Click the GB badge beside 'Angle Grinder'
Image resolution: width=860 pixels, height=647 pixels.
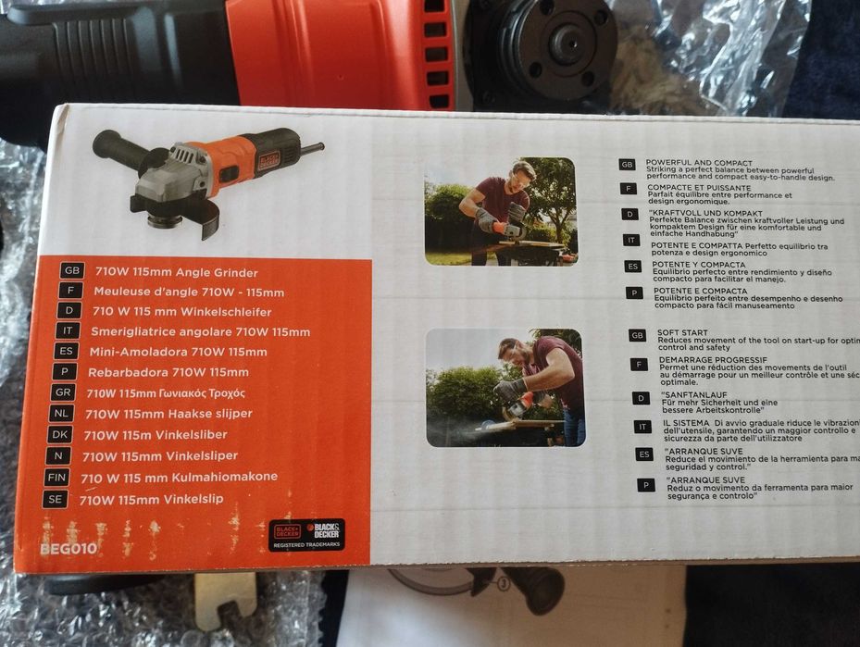[72, 271]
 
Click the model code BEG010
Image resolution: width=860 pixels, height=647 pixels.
[68, 548]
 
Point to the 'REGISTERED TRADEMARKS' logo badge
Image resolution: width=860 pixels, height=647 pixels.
[306, 535]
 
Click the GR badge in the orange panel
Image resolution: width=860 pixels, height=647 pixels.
[63, 393]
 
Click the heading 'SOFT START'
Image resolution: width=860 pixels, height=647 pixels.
[681, 332]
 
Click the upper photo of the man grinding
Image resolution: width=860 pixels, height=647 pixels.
[499, 211]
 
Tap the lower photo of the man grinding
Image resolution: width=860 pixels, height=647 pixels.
[505, 387]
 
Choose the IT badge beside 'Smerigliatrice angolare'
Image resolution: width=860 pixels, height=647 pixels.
[67, 330]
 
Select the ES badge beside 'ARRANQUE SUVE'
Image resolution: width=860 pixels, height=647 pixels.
[644, 454]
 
